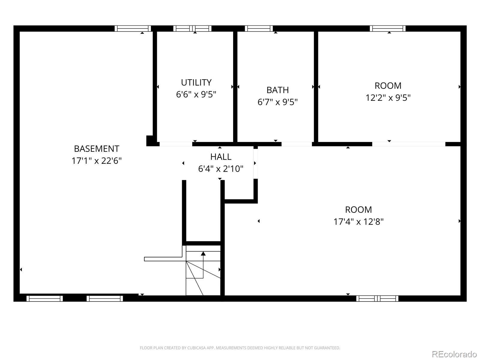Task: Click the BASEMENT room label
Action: pos(96,149)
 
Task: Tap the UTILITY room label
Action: pos(196,82)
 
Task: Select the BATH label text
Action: pos(277,90)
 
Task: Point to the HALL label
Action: pos(220,157)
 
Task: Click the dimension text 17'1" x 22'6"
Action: pos(96,161)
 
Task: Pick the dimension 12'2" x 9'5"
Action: pos(388,98)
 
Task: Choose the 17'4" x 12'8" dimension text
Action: pos(358,222)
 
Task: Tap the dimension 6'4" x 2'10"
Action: pos(220,169)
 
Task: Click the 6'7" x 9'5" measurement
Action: pos(277,102)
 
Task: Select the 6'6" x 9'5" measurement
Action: pos(196,94)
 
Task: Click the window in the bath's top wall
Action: pos(259,28)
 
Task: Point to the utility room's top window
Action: pos(192,28)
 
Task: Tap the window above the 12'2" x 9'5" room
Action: pos(388,28)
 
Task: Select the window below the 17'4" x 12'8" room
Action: pos(377,298)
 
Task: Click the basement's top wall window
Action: pos(133,28)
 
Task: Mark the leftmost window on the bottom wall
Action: pos(45,298)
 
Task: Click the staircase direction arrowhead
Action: pos(203,253)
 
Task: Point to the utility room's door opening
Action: pos(176,144)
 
